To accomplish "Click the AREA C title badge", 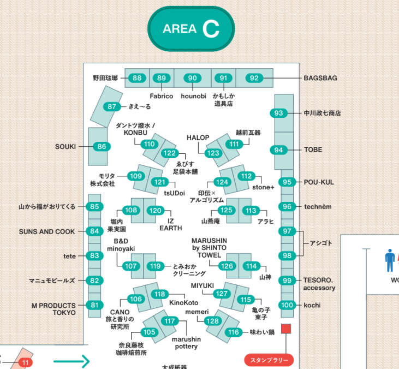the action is pos(191,28).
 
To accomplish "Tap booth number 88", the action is pos(137,78).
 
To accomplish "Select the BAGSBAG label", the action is pos(320,78).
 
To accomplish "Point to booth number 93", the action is pos(278,113).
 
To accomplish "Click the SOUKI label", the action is pos(65,147).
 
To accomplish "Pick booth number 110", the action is pos(149,144).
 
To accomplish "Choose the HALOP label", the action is pos(198,138).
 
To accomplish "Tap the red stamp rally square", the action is pos(286,329).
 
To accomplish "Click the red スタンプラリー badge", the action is pos(269,360).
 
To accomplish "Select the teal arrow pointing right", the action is pos(72,361).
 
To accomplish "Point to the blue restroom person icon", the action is pos(390,260).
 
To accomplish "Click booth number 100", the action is pos(287,305).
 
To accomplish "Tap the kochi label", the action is pos(312,305).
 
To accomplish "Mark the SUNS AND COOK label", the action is pos(47,231).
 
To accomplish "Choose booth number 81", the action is pos(94,305).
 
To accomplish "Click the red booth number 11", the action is pos(25,362).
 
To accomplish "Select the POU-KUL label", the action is pos(319,182).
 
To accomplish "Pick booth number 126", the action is pos(227,266).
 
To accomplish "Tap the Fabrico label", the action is pos(162,96).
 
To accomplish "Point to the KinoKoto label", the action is pos(184,303).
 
